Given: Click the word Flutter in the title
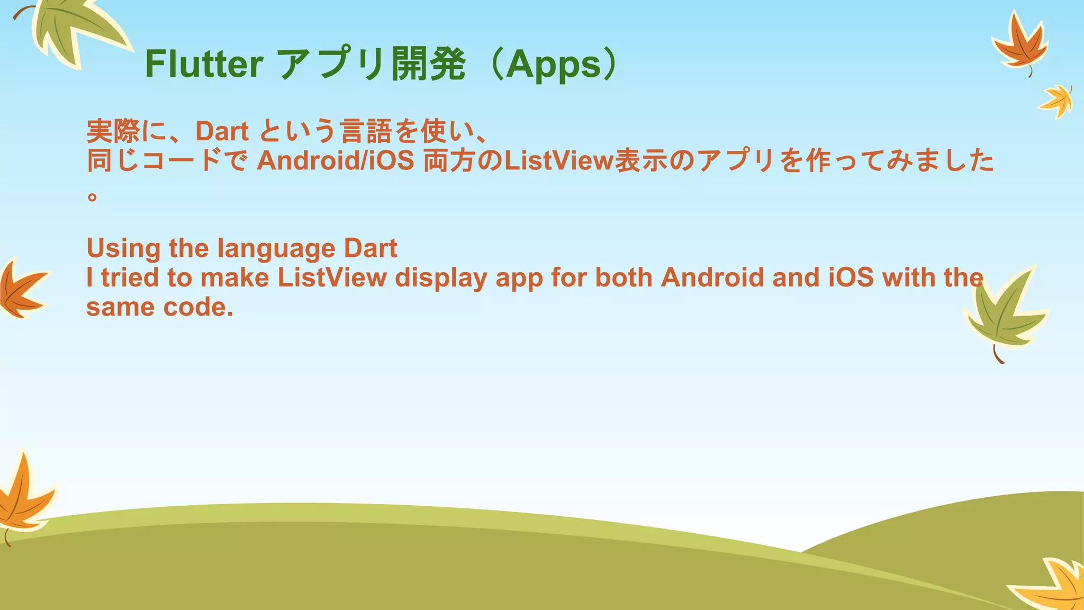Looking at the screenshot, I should [204, 64].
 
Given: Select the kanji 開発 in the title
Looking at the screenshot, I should [428, 64].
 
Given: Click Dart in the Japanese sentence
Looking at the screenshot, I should [222, 131].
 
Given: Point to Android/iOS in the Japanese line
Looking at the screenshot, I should [335, 160].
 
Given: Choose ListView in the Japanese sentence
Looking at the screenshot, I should [558, 160].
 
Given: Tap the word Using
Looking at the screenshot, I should [123, 248].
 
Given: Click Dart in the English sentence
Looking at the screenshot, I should [371, 248].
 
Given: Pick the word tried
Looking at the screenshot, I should [130, 277].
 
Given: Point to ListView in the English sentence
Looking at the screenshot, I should [332, 277].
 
